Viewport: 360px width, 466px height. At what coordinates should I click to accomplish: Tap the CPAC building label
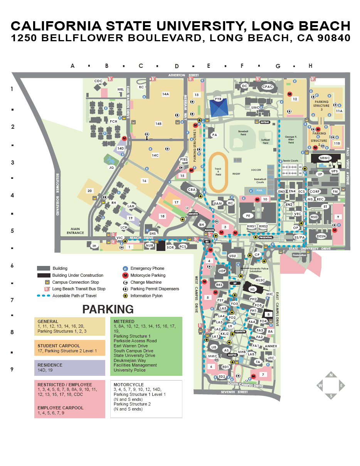point(267,87)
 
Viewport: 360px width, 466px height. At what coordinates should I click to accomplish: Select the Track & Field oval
point(218,171)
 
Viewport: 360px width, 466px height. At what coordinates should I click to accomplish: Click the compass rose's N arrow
point(331,375)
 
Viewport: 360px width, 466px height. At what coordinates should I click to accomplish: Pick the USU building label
point(232,256)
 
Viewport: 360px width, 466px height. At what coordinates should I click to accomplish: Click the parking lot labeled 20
point(89,190)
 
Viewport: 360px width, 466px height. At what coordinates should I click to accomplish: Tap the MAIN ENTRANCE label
point(75,231)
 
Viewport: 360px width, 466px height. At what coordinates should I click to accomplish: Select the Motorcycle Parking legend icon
point(125,275)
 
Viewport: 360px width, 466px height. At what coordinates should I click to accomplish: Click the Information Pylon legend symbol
point(125,296)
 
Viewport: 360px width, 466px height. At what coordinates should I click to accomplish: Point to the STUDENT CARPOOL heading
point(59,346)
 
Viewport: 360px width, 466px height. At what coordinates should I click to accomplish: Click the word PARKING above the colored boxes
point(108,310)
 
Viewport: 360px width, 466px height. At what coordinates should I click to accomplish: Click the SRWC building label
point(325,158)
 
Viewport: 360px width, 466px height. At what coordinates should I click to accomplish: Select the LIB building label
point(214,347)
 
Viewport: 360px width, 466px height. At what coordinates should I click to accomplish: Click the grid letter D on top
point(177,66)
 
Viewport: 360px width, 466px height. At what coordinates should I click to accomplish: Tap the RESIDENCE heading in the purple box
point(50,365)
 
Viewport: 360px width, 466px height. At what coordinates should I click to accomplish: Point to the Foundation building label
point(299,255)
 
